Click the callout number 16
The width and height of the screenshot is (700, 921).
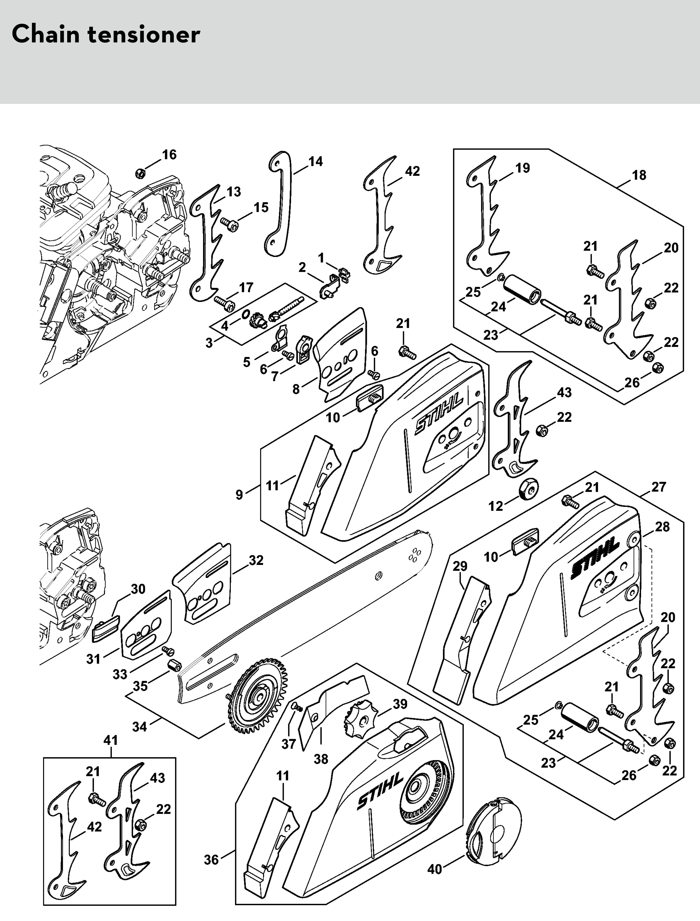point(169,155)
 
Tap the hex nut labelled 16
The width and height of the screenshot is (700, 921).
point(141,173)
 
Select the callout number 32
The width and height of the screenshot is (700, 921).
point(256,560)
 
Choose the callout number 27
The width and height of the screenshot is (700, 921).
point(659,487)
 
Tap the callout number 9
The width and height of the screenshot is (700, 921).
point(239,495)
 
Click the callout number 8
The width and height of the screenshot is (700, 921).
point(296,389)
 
